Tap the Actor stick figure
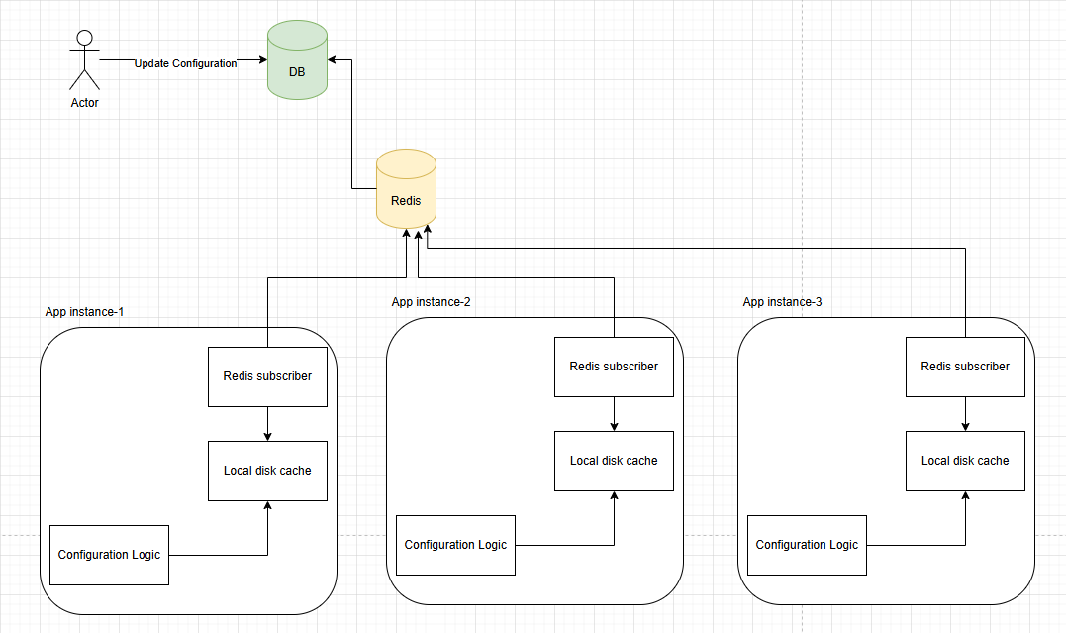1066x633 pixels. coord(84,59)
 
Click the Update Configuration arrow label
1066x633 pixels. coord(185,63)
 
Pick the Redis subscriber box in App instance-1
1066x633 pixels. coord(267,376)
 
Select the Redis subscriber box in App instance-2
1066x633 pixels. coord(614,367)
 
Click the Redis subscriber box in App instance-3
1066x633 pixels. coord(965,367)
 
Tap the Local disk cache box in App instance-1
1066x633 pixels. coord(267,471)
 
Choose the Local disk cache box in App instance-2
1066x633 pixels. coord(614,461)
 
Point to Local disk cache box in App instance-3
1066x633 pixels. coord(965,461)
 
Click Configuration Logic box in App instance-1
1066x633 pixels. coord(109,555)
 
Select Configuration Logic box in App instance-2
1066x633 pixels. coord(455,545)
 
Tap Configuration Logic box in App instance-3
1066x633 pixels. coord(807,545)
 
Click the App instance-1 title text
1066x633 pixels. coord(84,312)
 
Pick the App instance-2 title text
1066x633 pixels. coord(431,302)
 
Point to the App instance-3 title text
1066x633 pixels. coord(782,302)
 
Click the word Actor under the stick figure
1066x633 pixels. coord(84,103)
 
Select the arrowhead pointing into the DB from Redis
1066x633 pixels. coord(334,60)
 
